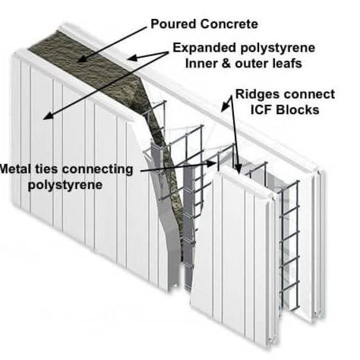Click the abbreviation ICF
[267, 110]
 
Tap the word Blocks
[301, 110]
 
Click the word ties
[50, 170]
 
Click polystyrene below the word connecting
[66, 185]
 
